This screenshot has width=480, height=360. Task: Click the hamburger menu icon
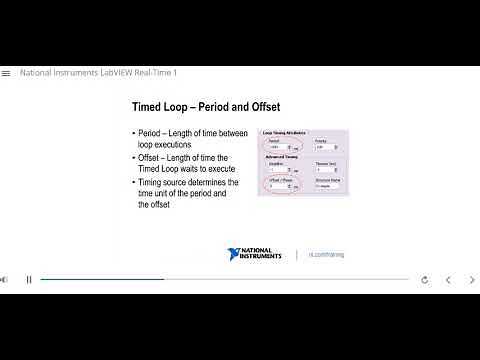(x=6, y=73)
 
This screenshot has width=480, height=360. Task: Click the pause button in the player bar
(x=29, y=280)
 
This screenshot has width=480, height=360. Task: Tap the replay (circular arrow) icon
(x=425, y=280)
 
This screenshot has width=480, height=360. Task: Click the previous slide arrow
(x=448, y=280)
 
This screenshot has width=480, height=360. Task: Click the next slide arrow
(x=472, y=280)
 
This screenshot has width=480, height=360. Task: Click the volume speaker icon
(x=4, y=280)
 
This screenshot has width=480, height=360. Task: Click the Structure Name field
(x=327, y=186)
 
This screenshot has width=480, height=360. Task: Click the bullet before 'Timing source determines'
(x=134, y=182)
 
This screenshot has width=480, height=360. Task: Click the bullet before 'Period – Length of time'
(x=134, y=134)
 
